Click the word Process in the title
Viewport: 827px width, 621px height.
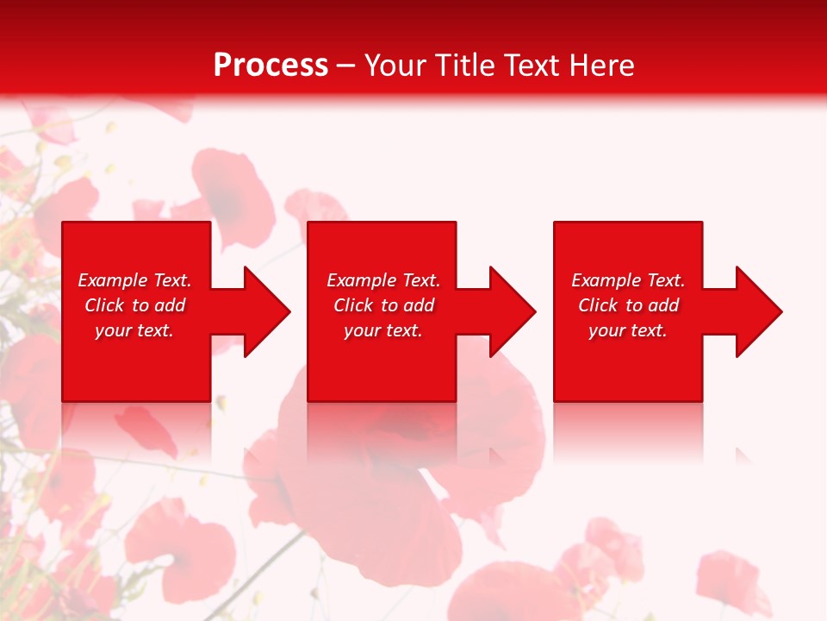270,66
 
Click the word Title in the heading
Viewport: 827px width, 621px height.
465,66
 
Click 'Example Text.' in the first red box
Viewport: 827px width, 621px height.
134,280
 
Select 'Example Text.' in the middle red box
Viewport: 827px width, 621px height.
383,280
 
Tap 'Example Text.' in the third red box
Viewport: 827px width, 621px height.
628,280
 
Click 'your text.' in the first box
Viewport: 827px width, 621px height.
134,330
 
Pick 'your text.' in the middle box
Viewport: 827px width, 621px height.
383,330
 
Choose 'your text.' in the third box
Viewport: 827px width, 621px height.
628,330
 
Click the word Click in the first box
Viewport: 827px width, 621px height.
105,305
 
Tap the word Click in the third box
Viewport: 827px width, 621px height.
599,305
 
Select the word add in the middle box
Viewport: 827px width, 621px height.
419,305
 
